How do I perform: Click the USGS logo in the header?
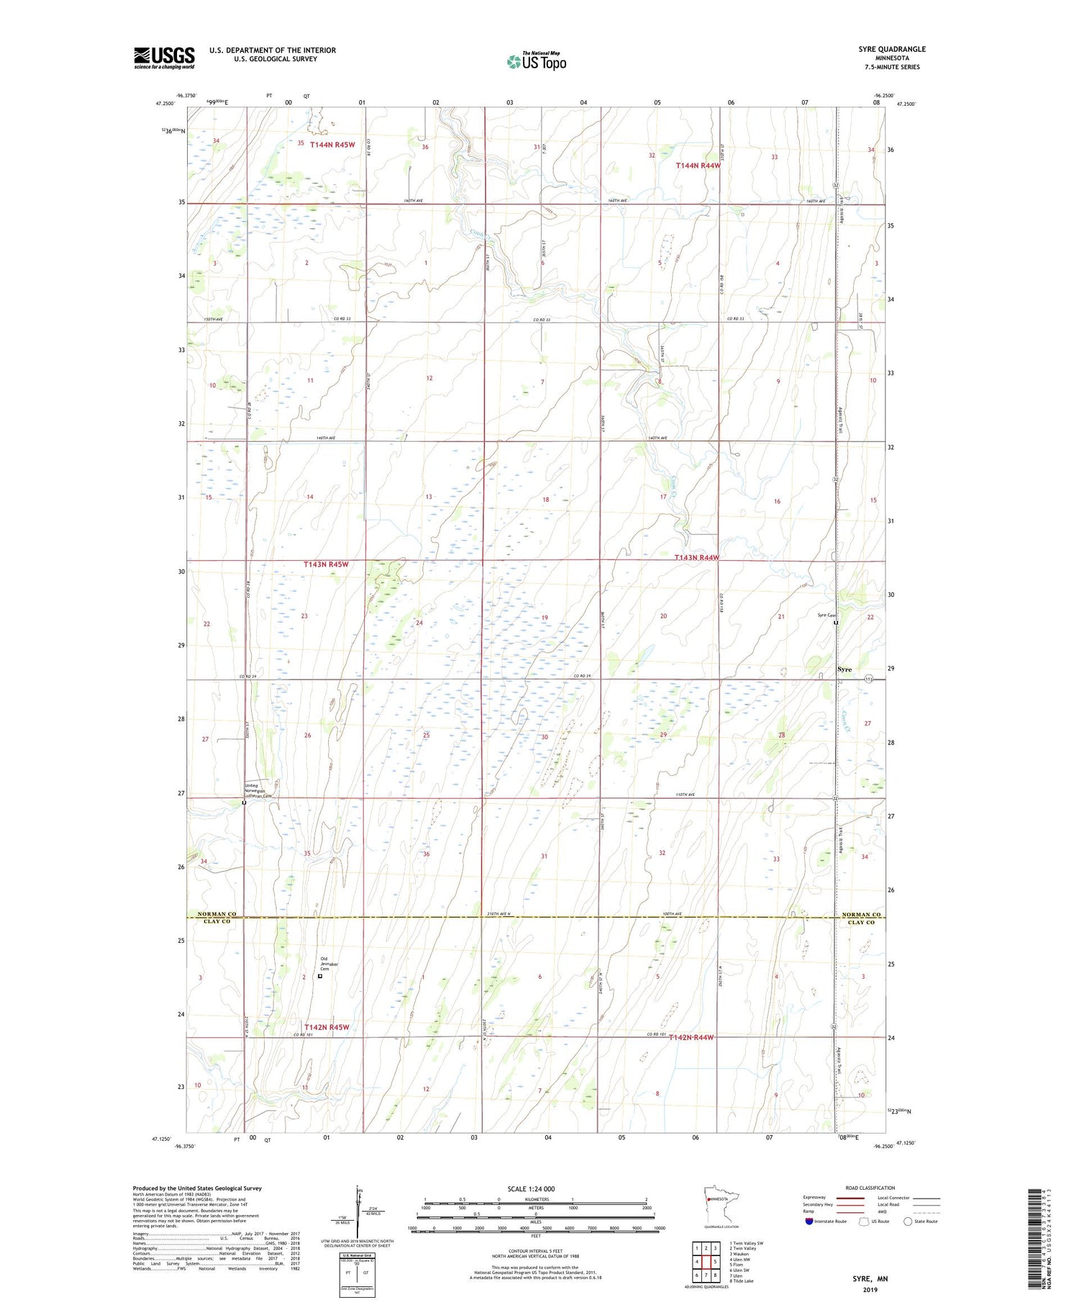point(164,58)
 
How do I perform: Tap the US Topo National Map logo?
point(536,60)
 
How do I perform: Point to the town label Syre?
point(844,669)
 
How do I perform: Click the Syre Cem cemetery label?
point(825,615)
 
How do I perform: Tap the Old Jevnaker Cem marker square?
point(320,977)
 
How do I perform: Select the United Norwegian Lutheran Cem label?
point(259,791)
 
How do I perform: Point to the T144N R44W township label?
point(698,166)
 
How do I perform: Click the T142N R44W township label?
point(692,1037)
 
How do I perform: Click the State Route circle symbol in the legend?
point(909,1222)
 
